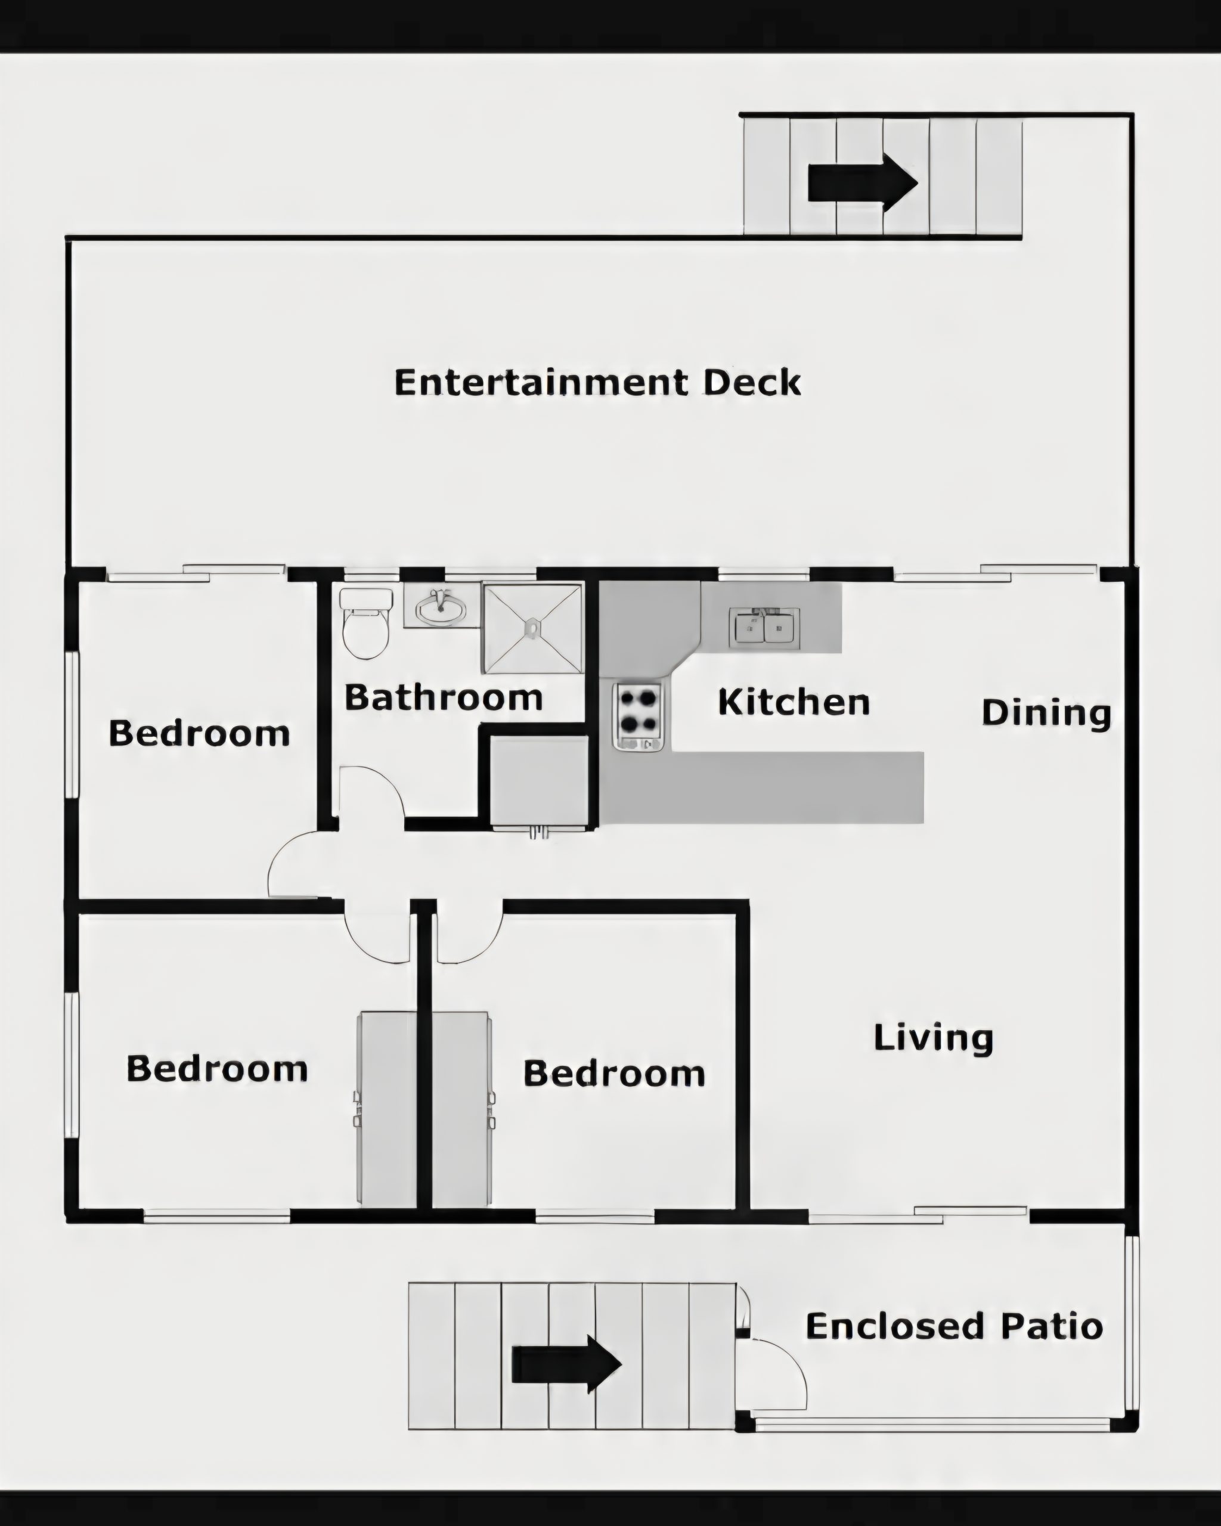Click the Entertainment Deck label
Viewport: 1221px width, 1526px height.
(x=597, y=382)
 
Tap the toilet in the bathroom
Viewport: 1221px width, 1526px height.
(x=366, y=623)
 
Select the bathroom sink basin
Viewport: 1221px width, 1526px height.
(x=440, y=608)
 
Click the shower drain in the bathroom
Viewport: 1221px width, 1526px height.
(x=532, y=626)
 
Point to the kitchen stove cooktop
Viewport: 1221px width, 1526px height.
(x=638, y=715)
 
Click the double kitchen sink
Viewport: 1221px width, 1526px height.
(x=764, y=627)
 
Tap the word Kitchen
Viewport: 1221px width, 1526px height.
(x=794, y=702)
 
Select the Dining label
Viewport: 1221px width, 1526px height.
(x=1046, y=713)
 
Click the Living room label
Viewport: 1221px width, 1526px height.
(x=934, y=1038)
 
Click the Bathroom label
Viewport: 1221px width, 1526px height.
(x=444, y=698)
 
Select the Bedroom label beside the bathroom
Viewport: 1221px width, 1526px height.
(x=200, y=733)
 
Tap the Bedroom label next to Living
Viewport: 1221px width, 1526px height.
(x=615, y=1073)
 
